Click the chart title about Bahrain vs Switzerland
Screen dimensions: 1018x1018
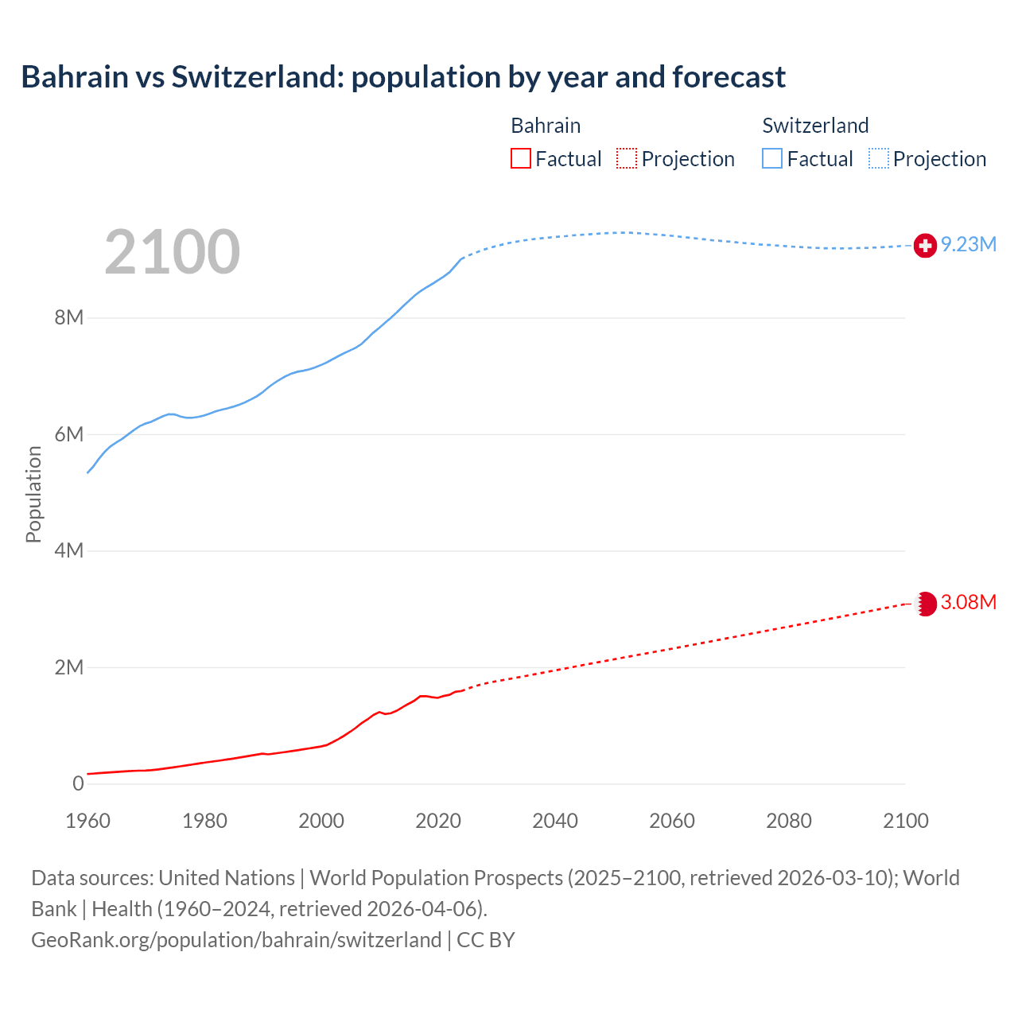(403, 77)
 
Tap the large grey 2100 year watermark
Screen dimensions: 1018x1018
(172, 252)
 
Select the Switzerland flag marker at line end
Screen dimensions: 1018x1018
(925, 246)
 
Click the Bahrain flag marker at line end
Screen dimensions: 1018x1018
(925, 604)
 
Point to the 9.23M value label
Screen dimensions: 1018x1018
(968, 245)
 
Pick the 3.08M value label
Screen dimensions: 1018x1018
(968, 603)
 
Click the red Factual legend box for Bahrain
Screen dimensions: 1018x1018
(521, 159)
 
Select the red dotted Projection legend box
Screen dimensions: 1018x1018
(627, 159)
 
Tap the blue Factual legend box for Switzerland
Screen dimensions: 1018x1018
(772, 159)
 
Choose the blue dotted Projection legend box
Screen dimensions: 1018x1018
(879, 159)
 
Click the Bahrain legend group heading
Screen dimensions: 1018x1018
(546, 126)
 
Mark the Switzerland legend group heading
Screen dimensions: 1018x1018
(815, 126)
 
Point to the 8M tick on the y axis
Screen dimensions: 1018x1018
(69, 318)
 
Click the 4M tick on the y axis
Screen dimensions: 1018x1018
(69, 551)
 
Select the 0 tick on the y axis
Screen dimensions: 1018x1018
(78, 784)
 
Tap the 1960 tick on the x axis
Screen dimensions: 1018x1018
(87, 821)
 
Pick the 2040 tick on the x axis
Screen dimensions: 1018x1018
(555, 821)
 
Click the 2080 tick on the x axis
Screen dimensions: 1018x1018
(789, 821)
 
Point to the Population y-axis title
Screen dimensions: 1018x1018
(33, 494)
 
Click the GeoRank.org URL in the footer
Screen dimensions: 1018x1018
(236, 940)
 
